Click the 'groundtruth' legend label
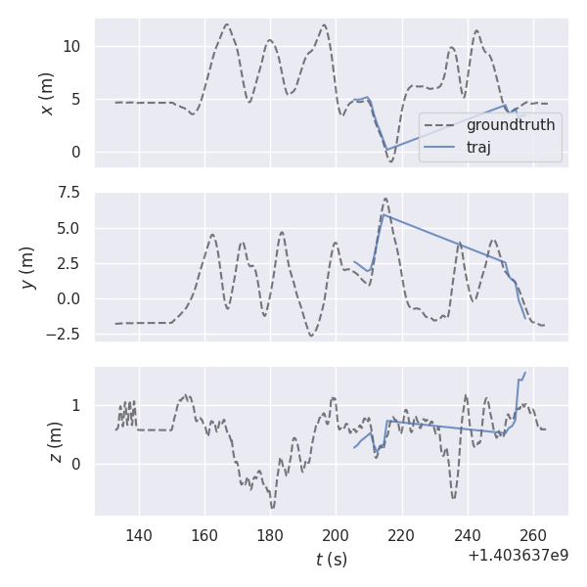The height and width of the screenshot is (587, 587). tap(510, 125)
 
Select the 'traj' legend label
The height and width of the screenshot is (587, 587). tap(478, 148)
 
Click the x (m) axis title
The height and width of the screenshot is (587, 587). tap(46, 93)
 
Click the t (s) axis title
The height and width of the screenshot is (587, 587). tap(331, 560)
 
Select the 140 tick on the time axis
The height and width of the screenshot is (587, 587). tap(139, 535)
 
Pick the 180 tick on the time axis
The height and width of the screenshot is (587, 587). tap(270, 535)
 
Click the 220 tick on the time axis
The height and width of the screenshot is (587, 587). tap(401, 535)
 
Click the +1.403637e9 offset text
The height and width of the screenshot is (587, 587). tap(518, 556)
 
